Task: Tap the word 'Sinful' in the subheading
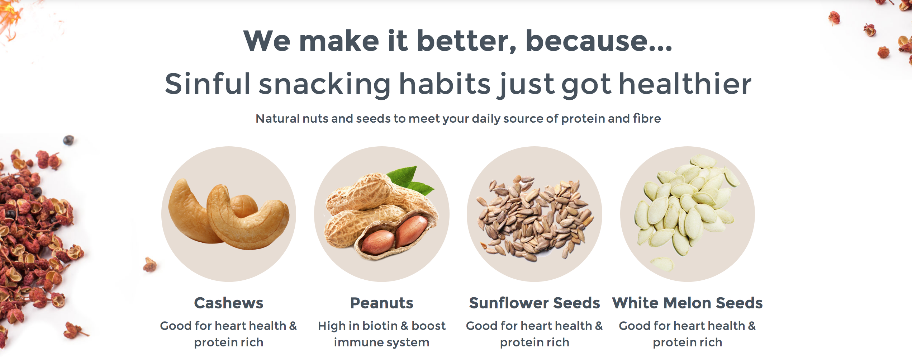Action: tap(208, 84)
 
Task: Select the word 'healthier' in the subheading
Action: tap(685, 84)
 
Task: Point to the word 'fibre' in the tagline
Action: tap(647, 118)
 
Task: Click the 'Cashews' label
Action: tap(229, 303)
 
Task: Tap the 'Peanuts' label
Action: tap(382, 303)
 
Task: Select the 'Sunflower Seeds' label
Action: tap(535, 303)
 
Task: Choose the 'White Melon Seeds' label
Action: tap(688, 303)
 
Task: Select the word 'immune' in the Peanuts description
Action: tap(355, 342)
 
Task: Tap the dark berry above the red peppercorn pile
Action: tap(68, 140)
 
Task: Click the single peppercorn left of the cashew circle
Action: tap(149, 265)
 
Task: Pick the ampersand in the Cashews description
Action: tap(293, 326)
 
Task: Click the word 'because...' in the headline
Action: tap(599, 41)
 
